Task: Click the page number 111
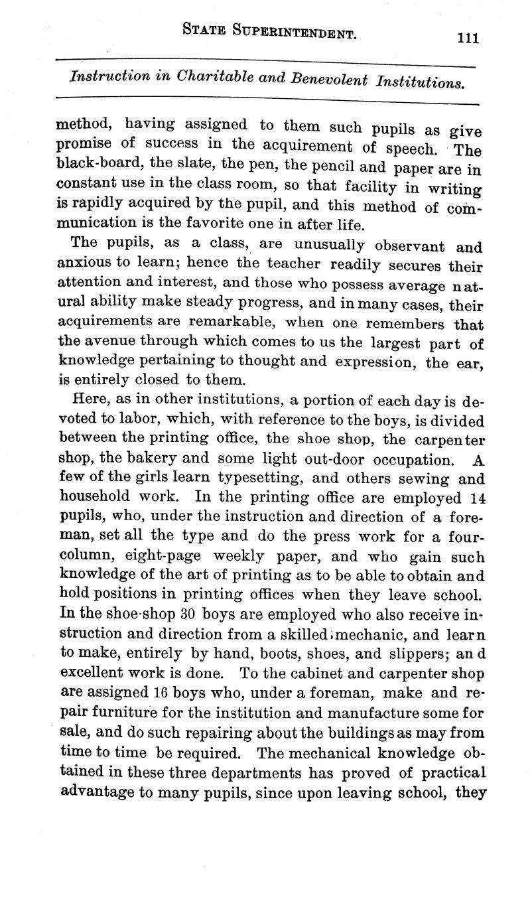(x=468, y=38)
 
